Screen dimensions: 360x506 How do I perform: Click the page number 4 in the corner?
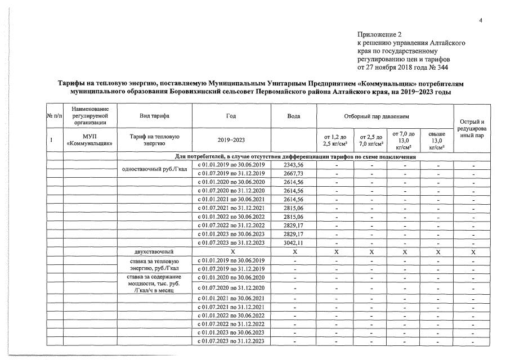click(481, 21)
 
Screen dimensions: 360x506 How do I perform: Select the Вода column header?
click(294, 115)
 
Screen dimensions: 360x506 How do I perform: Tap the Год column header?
click(231, 115)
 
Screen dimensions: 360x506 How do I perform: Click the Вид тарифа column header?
click(154, 115)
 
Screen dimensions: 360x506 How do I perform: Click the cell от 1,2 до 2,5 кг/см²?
click(334, 140)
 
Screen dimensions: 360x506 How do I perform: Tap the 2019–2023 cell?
click(231, 140)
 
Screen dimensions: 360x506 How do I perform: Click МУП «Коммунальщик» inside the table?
click(89, 140)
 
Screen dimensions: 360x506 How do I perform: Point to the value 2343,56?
click(294, 165)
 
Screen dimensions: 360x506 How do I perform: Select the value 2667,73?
click(294, 174)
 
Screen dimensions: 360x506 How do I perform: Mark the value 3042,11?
click(294, 243)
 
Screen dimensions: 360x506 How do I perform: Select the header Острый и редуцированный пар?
click(472, 129)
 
